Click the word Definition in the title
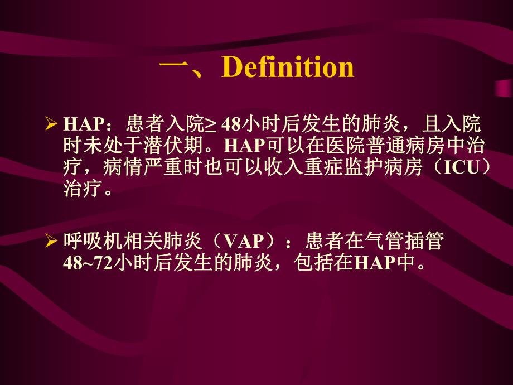coord(288,68)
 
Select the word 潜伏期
coord(181,146)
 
